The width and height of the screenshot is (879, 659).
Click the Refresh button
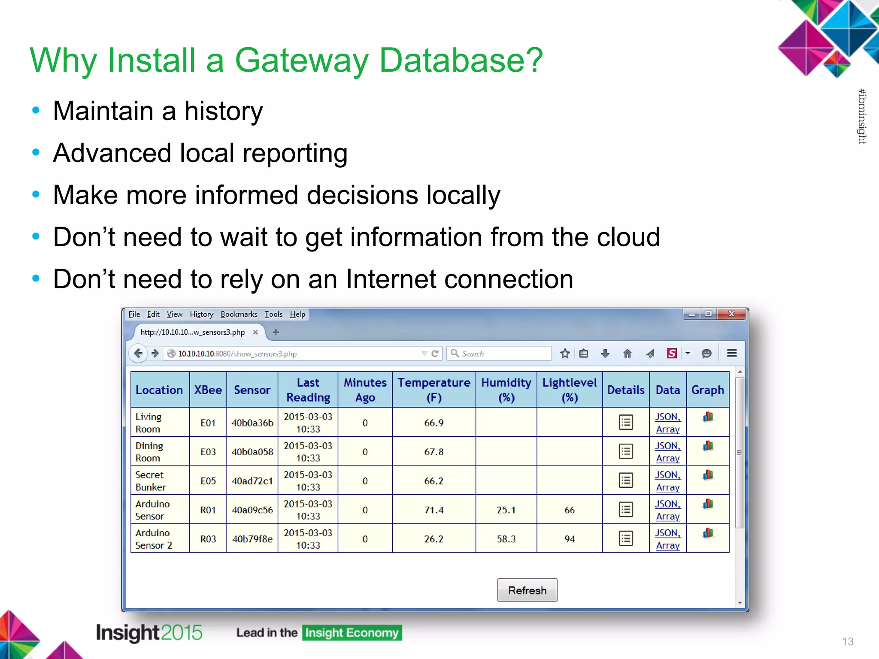527,590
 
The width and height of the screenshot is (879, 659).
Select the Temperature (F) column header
433,390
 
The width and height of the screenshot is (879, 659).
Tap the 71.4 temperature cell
433,510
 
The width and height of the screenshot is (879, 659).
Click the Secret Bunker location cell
150,481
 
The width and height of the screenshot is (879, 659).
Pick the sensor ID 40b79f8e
252,539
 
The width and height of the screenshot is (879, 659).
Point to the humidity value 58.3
506,539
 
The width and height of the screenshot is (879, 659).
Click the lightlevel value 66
569,510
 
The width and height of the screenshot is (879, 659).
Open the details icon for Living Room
626,422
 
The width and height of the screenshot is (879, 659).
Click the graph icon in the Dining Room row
708,446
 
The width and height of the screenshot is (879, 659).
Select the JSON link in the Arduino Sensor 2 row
667,533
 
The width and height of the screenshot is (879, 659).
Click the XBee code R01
208,510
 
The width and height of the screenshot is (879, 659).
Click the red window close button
732,314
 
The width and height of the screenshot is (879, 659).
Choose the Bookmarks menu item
239,314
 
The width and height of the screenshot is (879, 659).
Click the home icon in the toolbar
627,353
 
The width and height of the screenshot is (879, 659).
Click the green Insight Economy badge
352,632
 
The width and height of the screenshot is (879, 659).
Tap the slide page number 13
847,641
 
